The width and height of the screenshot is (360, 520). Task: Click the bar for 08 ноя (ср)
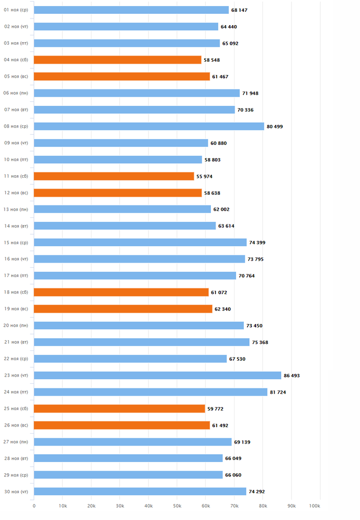(x=149, y=126)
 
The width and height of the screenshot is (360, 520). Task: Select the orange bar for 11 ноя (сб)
(x=114, y=176)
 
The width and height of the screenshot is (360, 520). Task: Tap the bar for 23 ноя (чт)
(x=157, y=376)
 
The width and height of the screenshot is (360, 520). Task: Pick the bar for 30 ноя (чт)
(x=140, y=492)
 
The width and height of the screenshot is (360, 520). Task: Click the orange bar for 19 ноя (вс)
(x=123, y=309)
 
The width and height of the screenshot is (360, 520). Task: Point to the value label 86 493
(x=292, y=376)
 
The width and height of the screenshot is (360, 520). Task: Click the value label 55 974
(x=204, y=176)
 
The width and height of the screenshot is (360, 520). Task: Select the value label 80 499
(x=275, y=126)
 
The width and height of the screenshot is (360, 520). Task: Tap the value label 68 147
(x=239, y=10)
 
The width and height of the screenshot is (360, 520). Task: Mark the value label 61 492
(x=220, y=425)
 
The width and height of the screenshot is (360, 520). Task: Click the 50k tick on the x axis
(x=177, y=506)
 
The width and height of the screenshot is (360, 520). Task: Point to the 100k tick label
(x=315, y=506)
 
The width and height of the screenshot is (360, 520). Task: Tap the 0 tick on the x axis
(x=34, y=506)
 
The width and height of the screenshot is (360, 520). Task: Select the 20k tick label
(x=91, y=506)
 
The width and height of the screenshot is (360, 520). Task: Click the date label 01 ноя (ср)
(x=16, y=10)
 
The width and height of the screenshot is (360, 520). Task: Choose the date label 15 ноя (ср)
(x=16, y=243)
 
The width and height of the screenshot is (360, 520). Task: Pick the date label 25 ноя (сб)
(x=16, y=408)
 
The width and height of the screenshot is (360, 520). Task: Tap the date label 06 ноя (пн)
(x=16, y=93)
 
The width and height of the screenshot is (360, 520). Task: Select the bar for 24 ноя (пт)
(x=151, y=392)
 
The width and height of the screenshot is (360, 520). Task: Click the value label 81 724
(x=278, y=392)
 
